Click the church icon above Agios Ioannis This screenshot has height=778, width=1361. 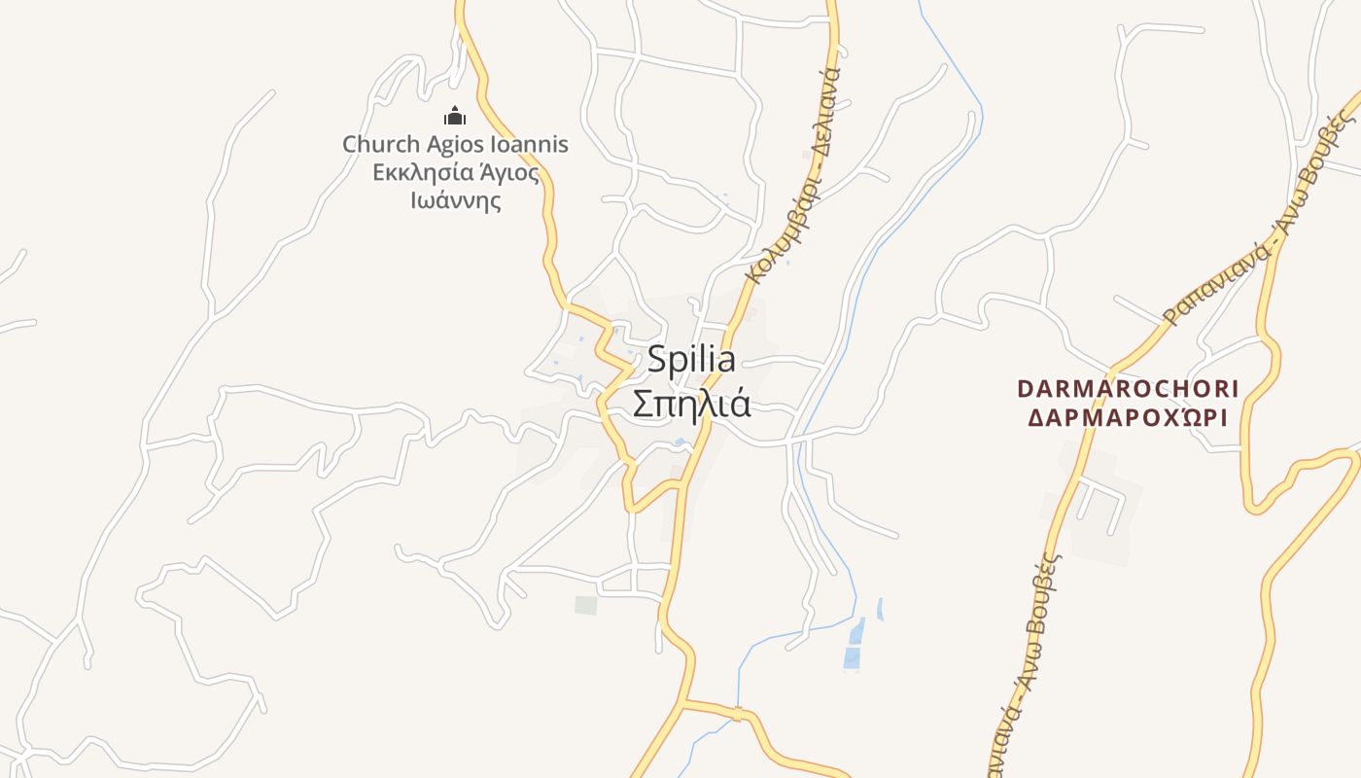455,117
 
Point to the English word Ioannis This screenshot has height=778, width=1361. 532,145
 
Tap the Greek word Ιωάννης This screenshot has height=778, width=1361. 455,201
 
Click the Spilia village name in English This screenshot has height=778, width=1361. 691,360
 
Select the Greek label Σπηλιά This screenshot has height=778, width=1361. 691,403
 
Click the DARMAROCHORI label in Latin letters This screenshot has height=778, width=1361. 1128,389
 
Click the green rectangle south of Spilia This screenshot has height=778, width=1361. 585,605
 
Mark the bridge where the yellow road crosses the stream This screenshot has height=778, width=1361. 738,714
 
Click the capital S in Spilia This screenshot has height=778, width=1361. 656,360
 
